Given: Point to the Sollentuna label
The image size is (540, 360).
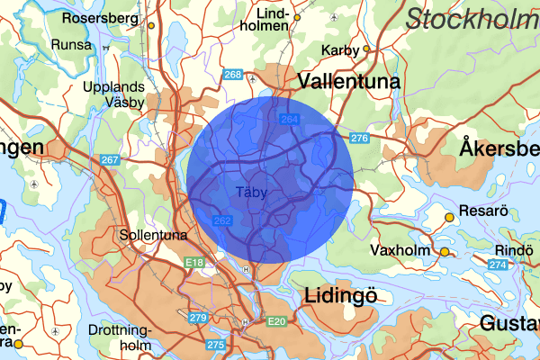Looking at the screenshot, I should [x=153, y=235].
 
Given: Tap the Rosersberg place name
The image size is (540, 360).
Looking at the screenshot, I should [x=100, y=17].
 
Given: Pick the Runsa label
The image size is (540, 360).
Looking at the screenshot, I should [x=72, y=44].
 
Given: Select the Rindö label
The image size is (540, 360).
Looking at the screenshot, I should [x=516, y=249].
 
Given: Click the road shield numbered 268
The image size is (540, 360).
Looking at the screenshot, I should [x=233, y=75].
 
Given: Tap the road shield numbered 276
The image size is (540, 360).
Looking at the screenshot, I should [x=360, y=138].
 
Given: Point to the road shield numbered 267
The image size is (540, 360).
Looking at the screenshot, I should [x=110, y=160].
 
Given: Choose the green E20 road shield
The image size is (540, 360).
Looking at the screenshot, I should [x=275, y=321].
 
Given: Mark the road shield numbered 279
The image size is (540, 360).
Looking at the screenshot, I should [x=198, y=318].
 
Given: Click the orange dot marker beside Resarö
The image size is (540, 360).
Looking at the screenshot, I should [x=450, y=217].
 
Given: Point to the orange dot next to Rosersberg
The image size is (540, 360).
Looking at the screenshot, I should [x=151, y=24].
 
